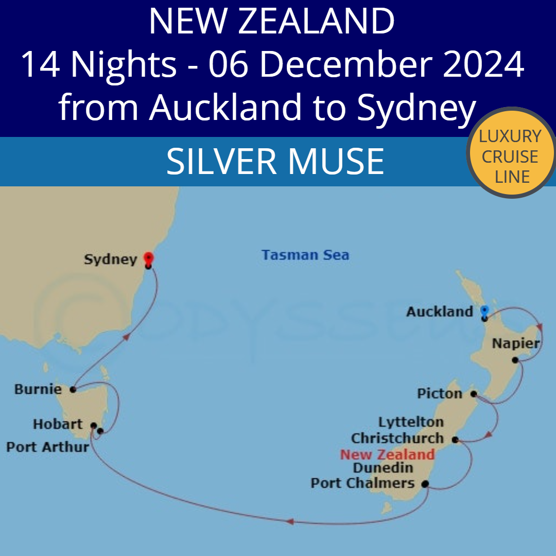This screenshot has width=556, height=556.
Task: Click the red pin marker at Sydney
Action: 148,258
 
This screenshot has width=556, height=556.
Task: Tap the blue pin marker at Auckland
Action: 484,311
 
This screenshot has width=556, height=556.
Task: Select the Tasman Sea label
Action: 305,255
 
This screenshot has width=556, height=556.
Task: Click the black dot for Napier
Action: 514,360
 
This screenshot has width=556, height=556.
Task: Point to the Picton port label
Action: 439,394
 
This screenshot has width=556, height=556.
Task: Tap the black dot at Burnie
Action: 73,390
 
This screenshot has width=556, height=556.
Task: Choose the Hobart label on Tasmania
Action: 58,424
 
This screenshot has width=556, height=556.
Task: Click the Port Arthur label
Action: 47,447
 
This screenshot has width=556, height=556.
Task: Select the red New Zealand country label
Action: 387,455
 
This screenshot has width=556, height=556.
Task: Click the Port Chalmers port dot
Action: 425,484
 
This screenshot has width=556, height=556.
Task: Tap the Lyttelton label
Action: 411,422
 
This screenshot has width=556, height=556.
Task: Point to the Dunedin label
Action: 383,468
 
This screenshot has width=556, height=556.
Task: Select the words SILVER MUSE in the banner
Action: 275,161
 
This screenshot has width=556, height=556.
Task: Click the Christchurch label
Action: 397,439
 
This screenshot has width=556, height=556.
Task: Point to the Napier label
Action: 515,343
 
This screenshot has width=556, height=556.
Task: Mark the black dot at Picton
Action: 474,394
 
